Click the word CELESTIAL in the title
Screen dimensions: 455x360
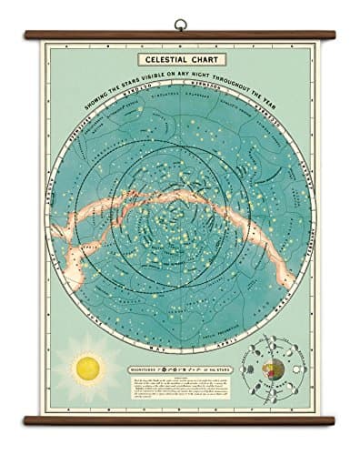click(x=166, y=60)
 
